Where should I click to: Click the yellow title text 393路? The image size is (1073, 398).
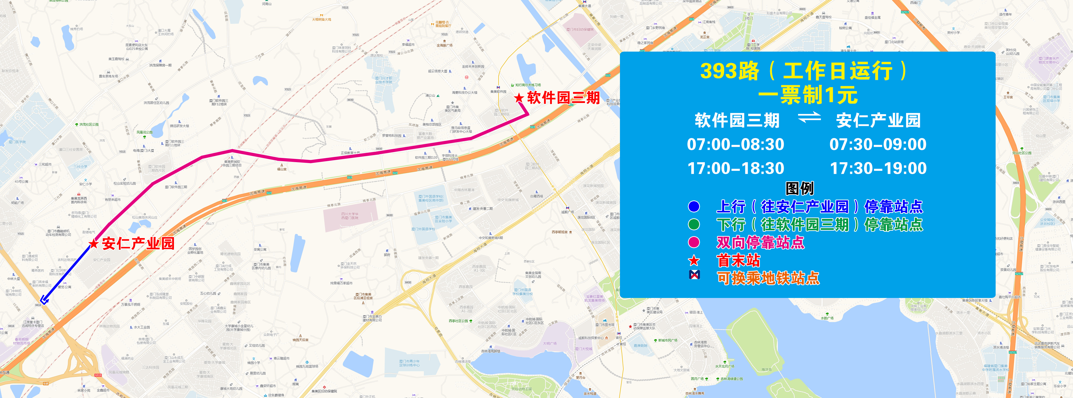tap(730, 71)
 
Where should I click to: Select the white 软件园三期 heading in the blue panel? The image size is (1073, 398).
tap(737, 121)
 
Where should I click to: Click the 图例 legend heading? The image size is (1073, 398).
tap(799, 188)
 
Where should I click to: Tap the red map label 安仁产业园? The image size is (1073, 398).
tap(138, 243)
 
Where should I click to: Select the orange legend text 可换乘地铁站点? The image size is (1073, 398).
tap(768, 278)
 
